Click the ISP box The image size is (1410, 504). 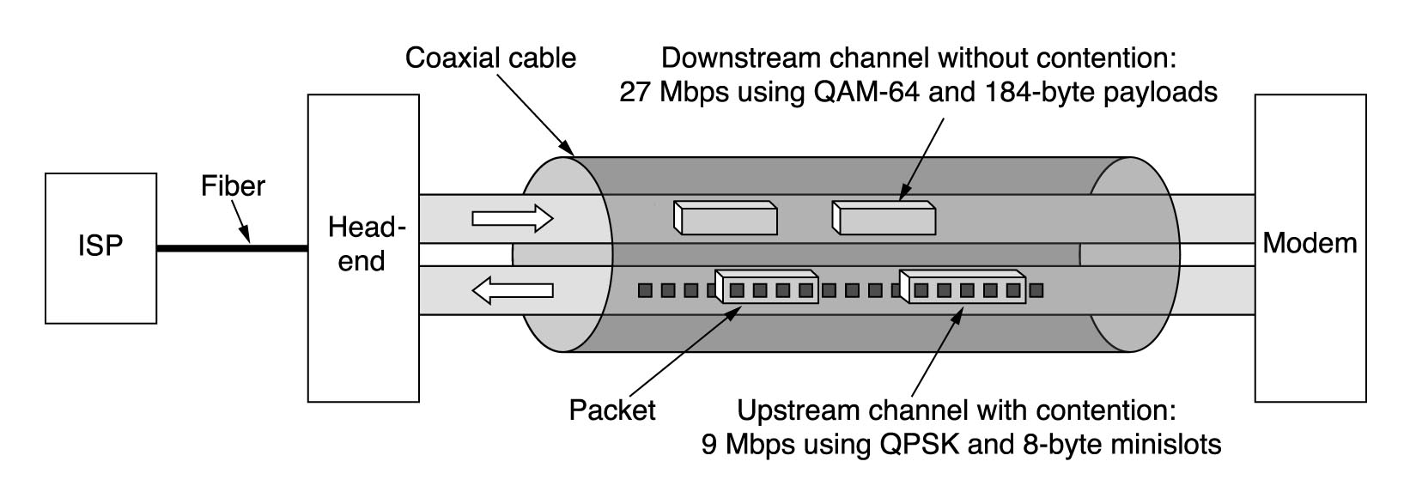100,247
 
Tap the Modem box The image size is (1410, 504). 1310,247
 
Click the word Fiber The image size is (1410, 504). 233,186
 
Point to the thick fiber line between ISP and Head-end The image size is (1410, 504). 232,249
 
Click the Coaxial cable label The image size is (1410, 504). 490,58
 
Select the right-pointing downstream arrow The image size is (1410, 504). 513,218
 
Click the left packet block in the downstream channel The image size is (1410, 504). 726,218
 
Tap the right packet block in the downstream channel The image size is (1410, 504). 884,218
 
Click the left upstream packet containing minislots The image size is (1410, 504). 766,288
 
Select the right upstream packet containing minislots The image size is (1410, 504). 963,288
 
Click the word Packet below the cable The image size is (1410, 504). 611,410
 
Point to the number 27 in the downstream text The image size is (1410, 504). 636,92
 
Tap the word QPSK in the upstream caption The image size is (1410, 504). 911,446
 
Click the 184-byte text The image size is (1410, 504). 1042,92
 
